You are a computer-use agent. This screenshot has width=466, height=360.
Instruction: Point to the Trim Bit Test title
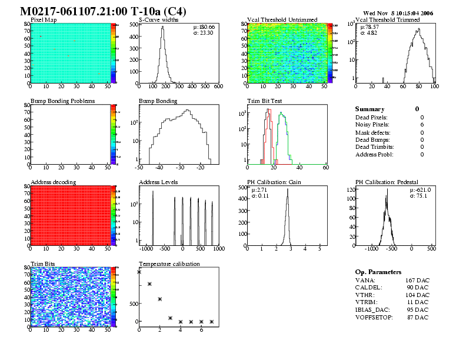coord(265,101)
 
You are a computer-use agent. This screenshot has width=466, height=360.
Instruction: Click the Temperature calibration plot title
coord(169,264)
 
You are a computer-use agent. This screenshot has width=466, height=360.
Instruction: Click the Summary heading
coord(370,109)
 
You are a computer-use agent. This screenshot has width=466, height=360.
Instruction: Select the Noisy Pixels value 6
coord(422,125)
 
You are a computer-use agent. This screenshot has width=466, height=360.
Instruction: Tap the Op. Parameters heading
coord(378,272)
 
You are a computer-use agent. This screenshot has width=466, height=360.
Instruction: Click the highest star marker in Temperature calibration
coord(139,272)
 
